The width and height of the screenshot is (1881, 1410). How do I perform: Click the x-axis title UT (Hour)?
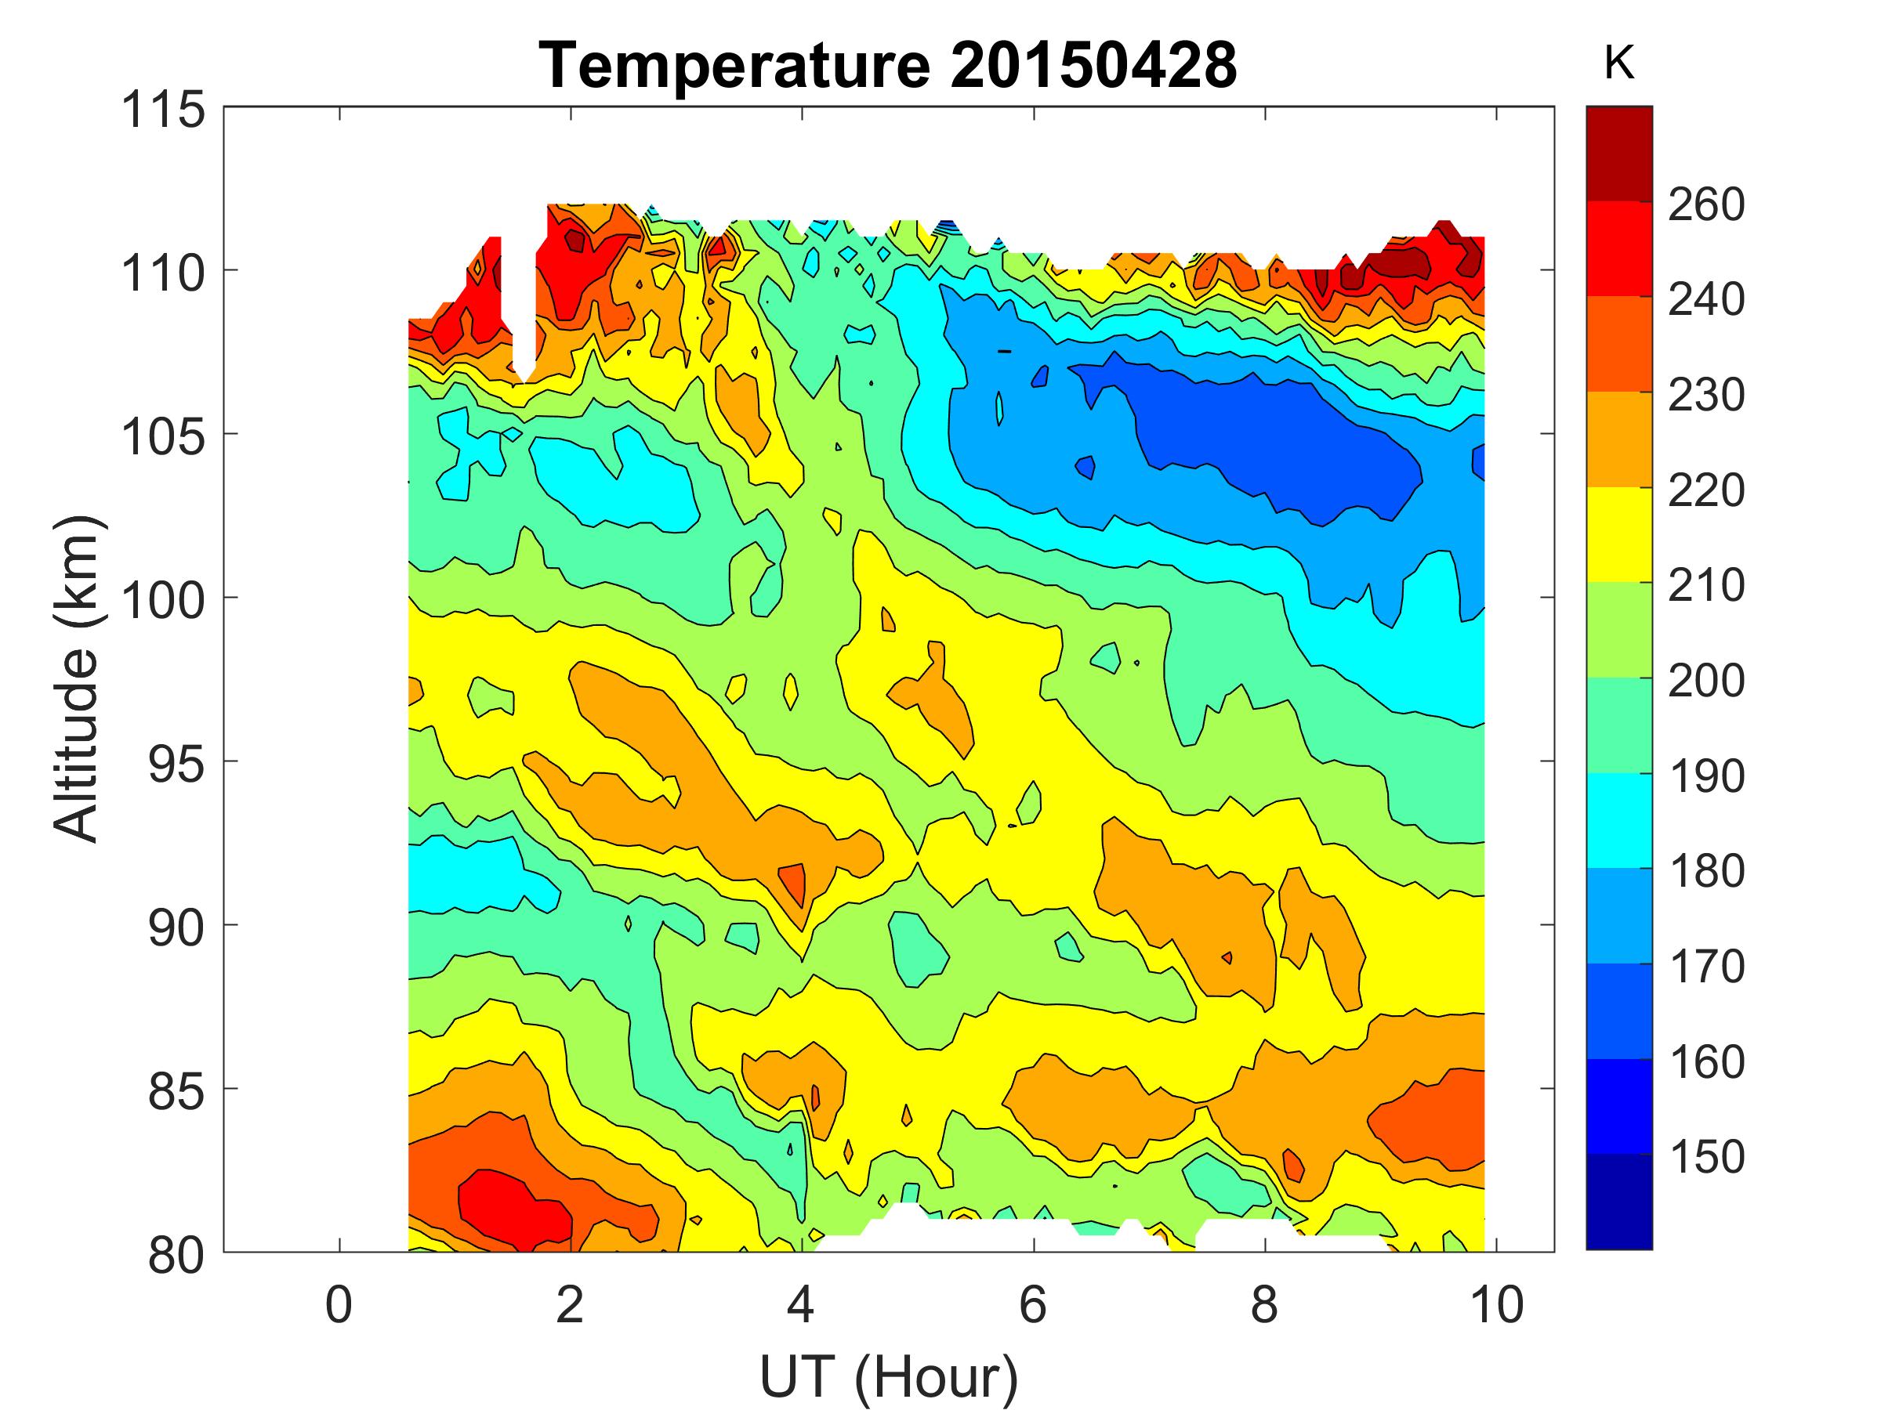(x=888, y=1376)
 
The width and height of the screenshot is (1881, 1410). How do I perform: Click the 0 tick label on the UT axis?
(x=339, y=1304)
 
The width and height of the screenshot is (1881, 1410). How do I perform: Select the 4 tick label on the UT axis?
(x=801, y=1304)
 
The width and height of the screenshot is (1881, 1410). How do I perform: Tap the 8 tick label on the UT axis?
(x=1264, y=1304)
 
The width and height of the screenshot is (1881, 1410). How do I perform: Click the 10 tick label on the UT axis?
(x=1495, y=1304)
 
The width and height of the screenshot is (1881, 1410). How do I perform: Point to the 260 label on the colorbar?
(x=1705, y=204)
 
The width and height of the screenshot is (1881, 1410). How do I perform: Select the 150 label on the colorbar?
(x=1705, y=1157)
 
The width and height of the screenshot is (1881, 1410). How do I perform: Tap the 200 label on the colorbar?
(x=1705, y=681)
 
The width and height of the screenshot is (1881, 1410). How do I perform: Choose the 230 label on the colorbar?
(x=1705, y=396)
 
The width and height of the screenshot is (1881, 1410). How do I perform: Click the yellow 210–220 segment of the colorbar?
(x=1618, y=534)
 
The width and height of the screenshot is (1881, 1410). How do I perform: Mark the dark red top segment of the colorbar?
(x=1618, y=154)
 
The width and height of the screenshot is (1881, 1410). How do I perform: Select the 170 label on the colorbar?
(x=1705, y=967)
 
